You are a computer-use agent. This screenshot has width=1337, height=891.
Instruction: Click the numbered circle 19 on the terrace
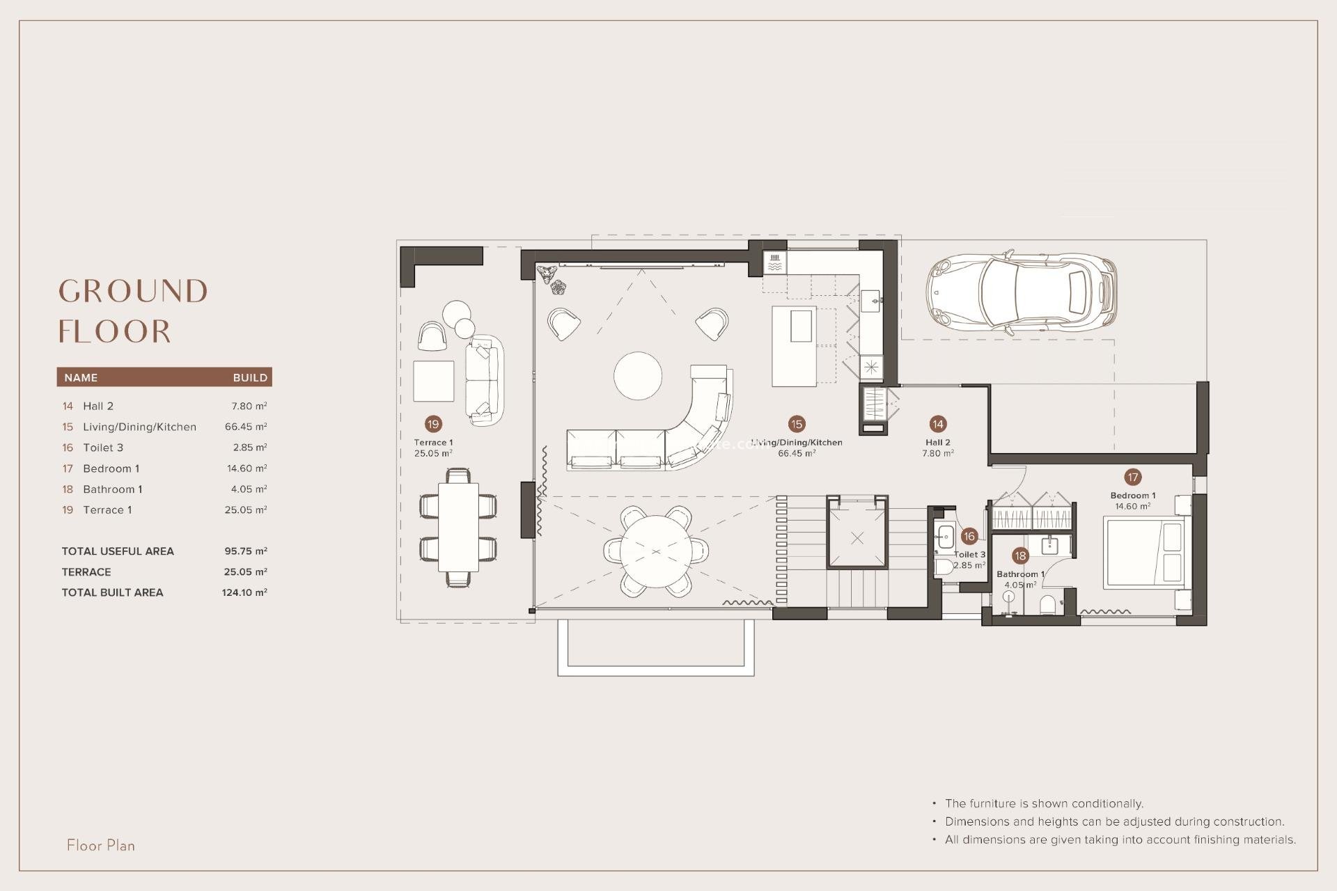433,424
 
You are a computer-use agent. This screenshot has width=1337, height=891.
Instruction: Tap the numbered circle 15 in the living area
796,424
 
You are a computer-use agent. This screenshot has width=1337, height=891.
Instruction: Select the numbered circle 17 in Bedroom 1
1132,477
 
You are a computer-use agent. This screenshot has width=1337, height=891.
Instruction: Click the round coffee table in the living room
638,376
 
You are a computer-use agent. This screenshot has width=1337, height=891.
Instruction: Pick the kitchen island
794,347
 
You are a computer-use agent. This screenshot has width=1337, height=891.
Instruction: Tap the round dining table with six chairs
655,551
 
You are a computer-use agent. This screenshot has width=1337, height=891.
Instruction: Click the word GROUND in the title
133,291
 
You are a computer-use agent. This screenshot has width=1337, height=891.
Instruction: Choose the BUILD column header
250,378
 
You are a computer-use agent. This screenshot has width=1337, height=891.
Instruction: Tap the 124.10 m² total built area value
244,592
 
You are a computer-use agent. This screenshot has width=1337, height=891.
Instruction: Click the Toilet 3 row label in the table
103,448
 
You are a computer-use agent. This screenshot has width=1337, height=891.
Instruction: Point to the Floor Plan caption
101,845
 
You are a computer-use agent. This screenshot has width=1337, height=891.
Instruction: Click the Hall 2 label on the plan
937,443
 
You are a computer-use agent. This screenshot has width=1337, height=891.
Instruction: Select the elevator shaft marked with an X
857,538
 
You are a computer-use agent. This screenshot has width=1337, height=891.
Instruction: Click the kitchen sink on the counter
871,301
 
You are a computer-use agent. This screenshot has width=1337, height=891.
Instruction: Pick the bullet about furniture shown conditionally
1044,803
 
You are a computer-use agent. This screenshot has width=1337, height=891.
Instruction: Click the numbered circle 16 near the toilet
969,536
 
